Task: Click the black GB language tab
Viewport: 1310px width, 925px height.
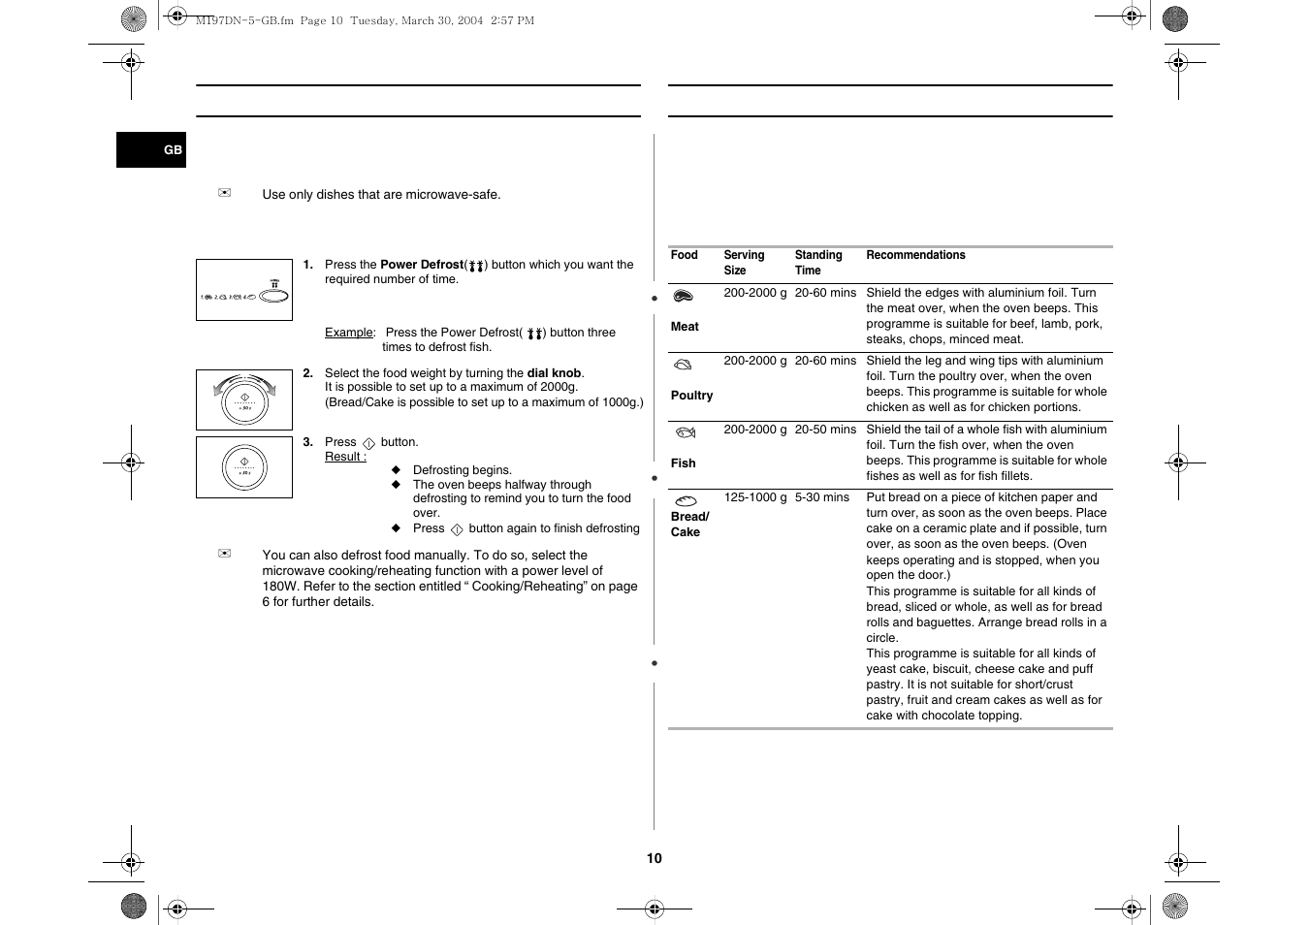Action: pyautogui.click(x=151, y=149)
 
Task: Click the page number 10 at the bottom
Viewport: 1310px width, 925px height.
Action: pyautogui.click(x=655, y=858)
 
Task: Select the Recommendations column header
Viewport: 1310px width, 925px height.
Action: pyautogui.click(x=915, y=255)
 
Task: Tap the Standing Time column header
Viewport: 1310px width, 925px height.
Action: pyautogui.click(x=817, y=263)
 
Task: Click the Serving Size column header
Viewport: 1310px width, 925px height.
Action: pyautogui.click(x=744, y=263)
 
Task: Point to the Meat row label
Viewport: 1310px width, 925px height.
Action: pyautogui.click(x=685, y=327)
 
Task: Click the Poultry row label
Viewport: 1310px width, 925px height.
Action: pyautogui.click(x=691, y=396)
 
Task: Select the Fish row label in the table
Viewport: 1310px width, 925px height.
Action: pyautogui.click(x=684, y=463)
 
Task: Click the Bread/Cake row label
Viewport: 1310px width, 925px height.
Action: pyautogui.click(x=689, y=525)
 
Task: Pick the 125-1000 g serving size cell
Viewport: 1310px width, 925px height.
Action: pyautogui.click(x=754, y=497)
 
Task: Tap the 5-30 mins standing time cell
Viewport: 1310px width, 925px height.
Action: pyautogui.click(x=822, y=497)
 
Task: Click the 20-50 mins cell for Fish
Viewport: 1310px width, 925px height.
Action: pyautogui.click(x=825, y=430)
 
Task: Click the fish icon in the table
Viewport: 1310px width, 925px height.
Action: pyautogui.click(x=686, y=432)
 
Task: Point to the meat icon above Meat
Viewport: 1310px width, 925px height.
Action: pyautogui.click(x=684, y=297)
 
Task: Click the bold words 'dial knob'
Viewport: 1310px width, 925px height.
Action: pyautogui.click(x=554, y=373)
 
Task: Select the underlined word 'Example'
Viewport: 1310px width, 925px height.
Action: pyautogui.click(x=348, y=333)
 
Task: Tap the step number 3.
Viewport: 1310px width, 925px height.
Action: pyautogui.click(x=307, y=442)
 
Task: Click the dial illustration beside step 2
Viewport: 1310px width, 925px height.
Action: pyautogui.click(x=244, y=399)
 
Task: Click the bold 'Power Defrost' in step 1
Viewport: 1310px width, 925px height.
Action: pyautogui.click(x=422, y=265)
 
